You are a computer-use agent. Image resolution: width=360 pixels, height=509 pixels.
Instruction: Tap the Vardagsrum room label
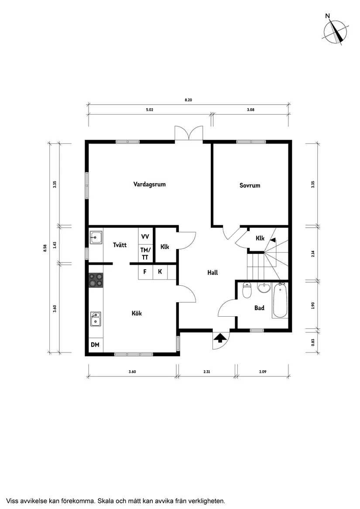click(149, 184)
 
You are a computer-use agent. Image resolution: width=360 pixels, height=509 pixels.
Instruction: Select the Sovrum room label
click(250, 185)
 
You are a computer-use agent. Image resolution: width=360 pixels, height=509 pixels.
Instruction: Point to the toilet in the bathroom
click(247, 290)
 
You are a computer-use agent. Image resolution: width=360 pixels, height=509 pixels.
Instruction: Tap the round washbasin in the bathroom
click(264, 288)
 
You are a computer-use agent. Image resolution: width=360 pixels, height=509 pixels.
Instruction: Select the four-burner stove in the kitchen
click(96, 280)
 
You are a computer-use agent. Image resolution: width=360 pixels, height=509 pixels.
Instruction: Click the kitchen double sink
click(96, 319)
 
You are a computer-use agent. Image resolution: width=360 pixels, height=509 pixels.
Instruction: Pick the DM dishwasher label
click(95, 345)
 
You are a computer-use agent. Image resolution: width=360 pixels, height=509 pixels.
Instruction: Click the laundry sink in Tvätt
click(96, 238)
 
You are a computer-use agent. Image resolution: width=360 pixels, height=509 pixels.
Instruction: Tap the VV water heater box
click(145, 236)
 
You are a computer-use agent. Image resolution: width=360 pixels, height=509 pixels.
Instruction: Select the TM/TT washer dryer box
click(145, 253)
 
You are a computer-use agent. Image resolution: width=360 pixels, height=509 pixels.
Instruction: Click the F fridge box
click(145, 272)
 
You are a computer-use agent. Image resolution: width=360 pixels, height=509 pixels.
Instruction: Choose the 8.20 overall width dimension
click(188, 100)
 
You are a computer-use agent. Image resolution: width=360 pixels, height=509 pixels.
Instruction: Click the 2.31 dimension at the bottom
click(207, 372)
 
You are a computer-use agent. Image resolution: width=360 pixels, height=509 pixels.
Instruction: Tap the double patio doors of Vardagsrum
click(189, 133)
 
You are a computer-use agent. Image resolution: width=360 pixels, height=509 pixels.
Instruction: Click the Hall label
click(213, 273)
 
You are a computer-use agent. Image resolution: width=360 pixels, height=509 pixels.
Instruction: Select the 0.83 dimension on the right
click(312, 342)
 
